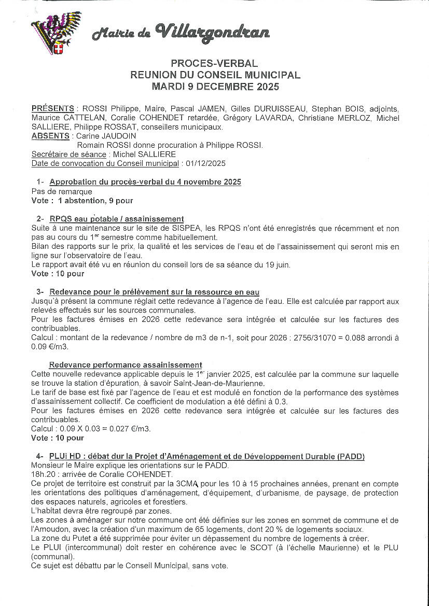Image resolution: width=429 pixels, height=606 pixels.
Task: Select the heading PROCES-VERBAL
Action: [214, 63]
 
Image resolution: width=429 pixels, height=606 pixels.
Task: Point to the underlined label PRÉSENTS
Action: [52, 108]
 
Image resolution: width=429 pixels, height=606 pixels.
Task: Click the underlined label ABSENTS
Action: [50, 136]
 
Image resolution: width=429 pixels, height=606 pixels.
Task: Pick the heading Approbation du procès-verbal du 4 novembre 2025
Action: [145, 182]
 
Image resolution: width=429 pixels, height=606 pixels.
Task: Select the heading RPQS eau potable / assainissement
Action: [117, 219]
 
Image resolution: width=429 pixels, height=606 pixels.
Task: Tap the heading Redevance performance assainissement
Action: [126, 365]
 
